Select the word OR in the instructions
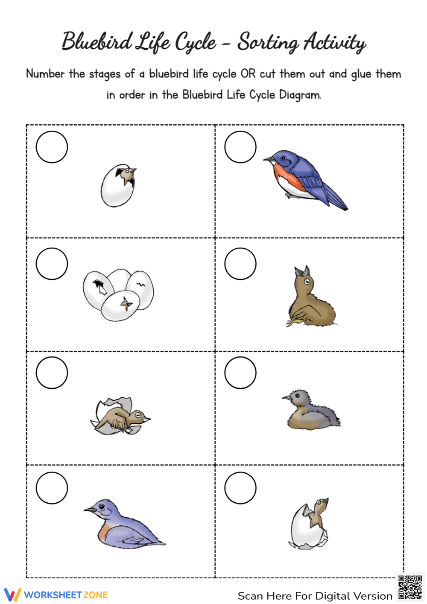[x=248, y=74]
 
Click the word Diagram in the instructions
[x=299, y=95]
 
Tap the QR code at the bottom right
[x=410, y=587]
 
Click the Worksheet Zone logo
[x=56, y=595]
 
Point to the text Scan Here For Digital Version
[x=315, y=596]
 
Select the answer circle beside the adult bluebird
[x=240, y=147]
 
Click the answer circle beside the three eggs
[x=52, y=264]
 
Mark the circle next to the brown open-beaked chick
[x=240, y=264]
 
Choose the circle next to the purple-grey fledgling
[x=240, y=372]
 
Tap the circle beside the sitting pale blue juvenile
[x=52, y=488]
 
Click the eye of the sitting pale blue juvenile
[x=101, y=507]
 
